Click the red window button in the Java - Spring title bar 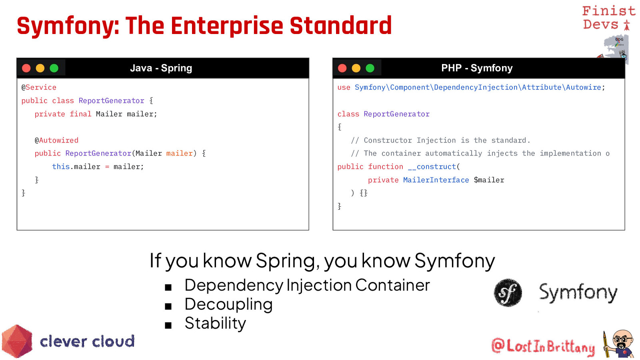pyautogui.click(x=26, y=68)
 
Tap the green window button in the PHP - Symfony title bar pyautogui.click(x=370, y=68)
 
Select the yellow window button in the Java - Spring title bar pyautogui.click(x=40, y=68)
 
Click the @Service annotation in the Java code pyautogui.click(x=39, y=88)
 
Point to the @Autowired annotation pyautogui.click(x=56, y=140)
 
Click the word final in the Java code pyautogui.click(x=80, y=114)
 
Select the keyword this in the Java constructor pyautogui.click(x=61, y=167)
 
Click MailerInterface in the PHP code pyautogui.click(x=436, y=180)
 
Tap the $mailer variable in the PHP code pyautogui.click(x=489, y=180)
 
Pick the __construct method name pyautogui.click(x=432, y=167)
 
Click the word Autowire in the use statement pyautogui.click(x=584, y=88)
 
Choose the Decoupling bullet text pyautogui.click(x=228, y=304)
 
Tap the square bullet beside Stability pyautogui.click(x=168, y=325)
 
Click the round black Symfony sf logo pyautogui.click(x=508, y=293)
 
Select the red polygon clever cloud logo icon pyautogui.click(x=17, y=341)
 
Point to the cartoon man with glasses pyautogui.click(x=620, y=344)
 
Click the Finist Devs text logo pyautogui.click(x=608, y=18)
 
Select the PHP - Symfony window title pyautogui.click(x=477, y=68)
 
